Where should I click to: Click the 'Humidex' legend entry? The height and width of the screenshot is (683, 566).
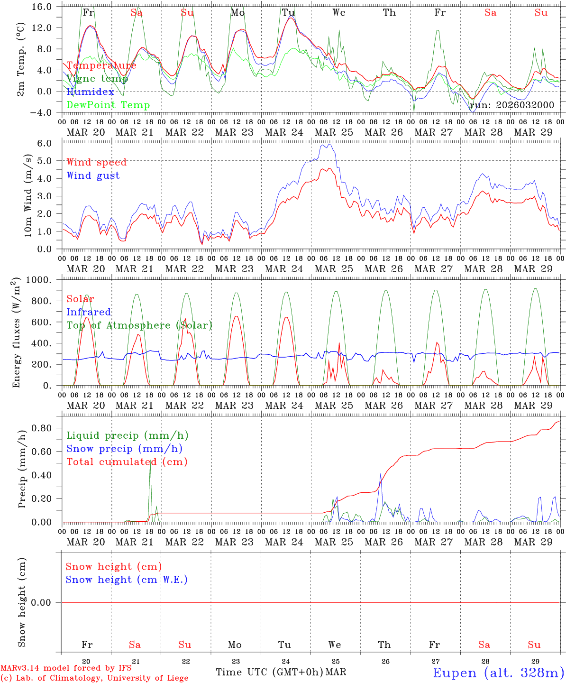[90, 92]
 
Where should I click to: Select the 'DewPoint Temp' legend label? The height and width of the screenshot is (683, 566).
[108, 105]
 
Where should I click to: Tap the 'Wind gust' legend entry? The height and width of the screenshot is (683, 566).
[93, 175]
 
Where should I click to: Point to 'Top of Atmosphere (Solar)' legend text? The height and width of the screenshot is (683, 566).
[139, 325]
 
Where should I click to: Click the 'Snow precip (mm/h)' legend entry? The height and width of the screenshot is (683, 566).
[124, 449]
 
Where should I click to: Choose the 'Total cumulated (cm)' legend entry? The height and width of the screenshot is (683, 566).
[127, 461]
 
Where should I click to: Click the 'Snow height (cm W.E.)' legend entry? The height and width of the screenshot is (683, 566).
[126, 580]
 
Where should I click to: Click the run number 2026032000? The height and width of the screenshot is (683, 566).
[511, 105]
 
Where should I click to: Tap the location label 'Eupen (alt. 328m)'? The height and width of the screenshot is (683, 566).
[498, 673]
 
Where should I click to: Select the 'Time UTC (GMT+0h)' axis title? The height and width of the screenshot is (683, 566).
[269, 672]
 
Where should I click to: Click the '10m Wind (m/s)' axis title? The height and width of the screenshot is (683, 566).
[28, 195]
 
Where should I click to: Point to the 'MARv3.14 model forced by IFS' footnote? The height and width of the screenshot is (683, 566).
[66, 668]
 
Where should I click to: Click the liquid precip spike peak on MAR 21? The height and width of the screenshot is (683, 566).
[150, 461]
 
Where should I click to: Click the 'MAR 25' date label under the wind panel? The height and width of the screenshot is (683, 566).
[334, 269]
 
